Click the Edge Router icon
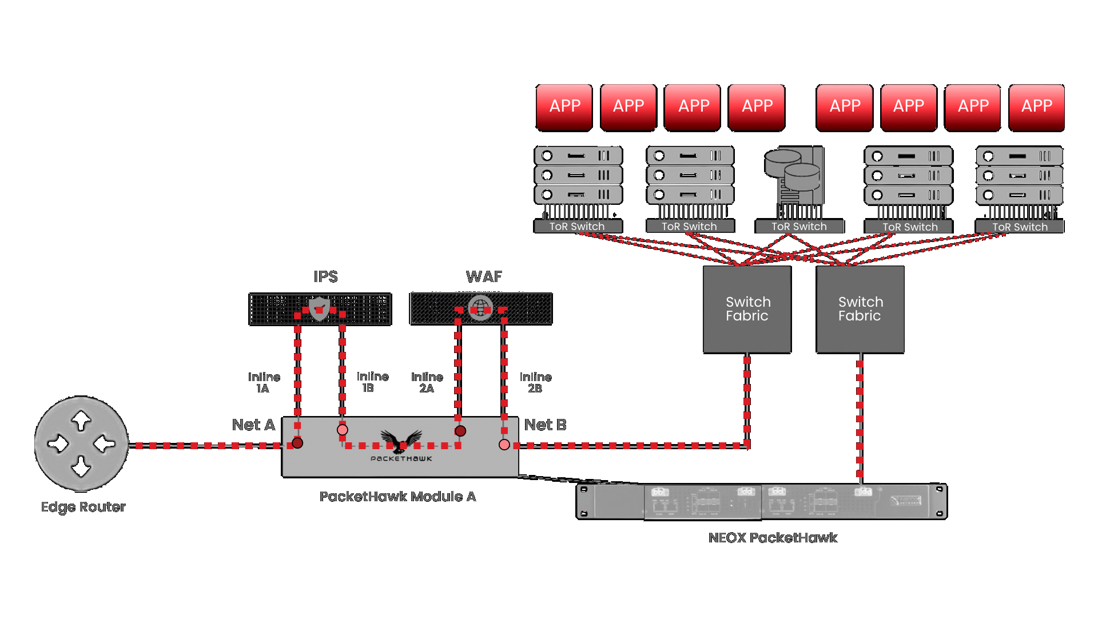pyautogui.click(x=81, y=443)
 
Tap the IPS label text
pyautogui.click(x=325, y=277)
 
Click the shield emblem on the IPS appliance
pyautogui.click(x=319, y=308)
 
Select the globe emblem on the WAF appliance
pyautogui.click(x=480, y=308)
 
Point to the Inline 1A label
pyautogui.click(x=264, y=383)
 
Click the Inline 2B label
pyautogui.click(x=535, y=383)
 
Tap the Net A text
pyautogui.click(x=253, y=425)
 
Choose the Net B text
pyautogui.click(x=545, y=425)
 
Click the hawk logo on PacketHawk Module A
pyautogui.click(x=401, y=441)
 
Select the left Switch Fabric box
pyautogui.click(x=747, y=309)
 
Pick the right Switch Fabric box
pyautogui.click(x=860, y=309)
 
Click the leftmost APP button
pyautogui.click(x=564, y=107)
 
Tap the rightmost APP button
pyautogui.click(x=1036, y=107)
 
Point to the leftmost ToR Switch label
pyautogui.click(x=577, y=227)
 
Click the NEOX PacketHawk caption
pyautogui.click(x=773, y=538)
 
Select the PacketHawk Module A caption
pyautogui.click(x=397, y=497)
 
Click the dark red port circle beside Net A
pyautogui.click(x=297, y=443)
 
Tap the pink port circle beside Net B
pyautogui.click(x=504, y=445)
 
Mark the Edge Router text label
pyautogui.click(x=83, y=507)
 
